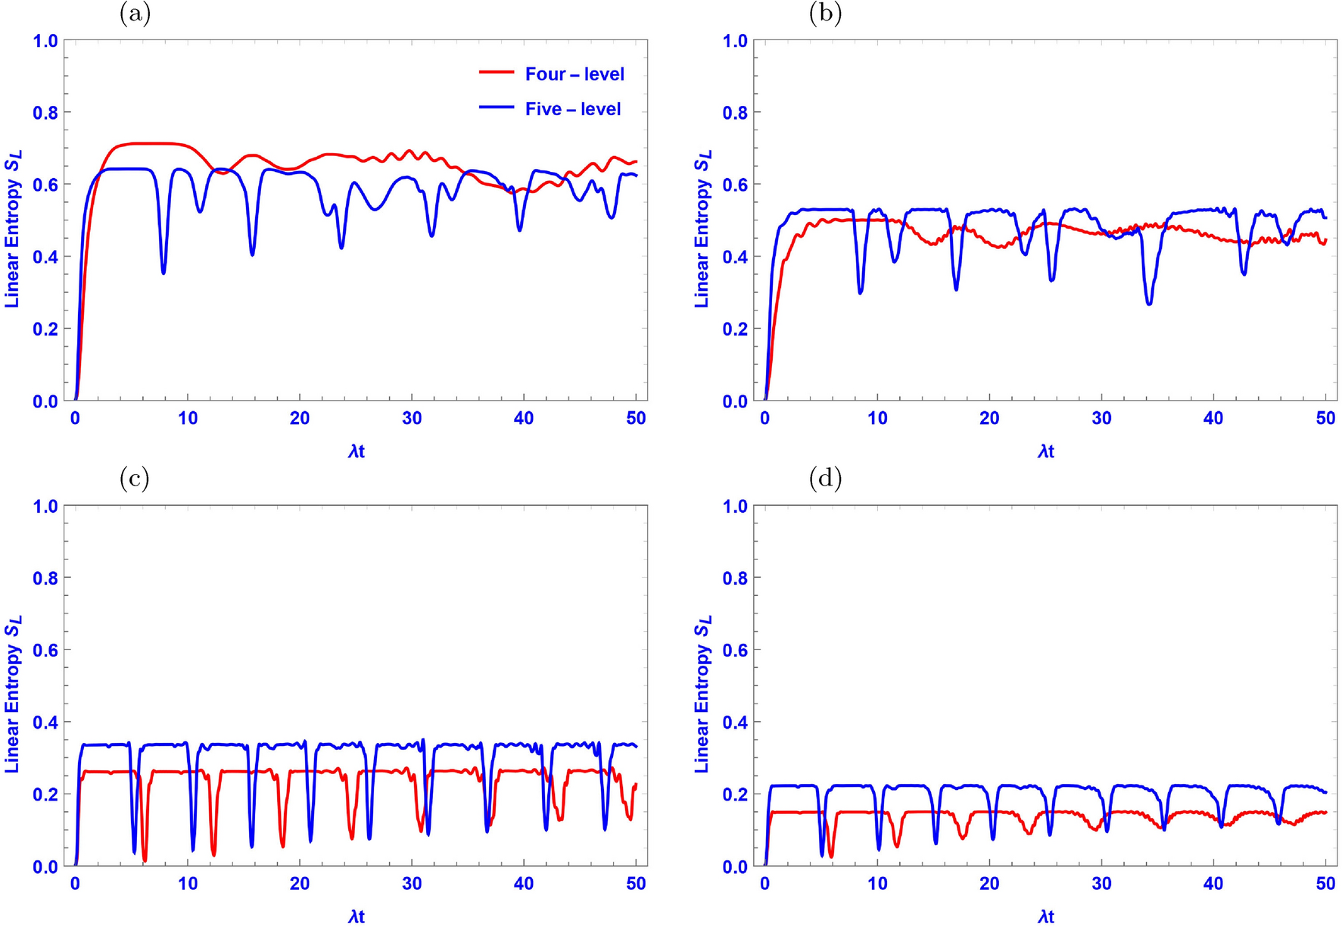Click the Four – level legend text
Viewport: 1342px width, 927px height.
[x=574, y=74]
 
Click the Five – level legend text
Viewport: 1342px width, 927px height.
[x=572, y=109]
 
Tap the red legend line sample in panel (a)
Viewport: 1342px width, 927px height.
[x=497, y=73]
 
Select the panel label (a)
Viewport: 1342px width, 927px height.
[x=135, y=14]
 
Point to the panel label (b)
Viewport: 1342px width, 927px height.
[x=825, y=14]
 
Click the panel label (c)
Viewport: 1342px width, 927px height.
[x=135, y=479]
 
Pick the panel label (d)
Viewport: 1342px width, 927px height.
[x=825, y=479]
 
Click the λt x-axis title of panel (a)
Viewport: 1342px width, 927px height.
[x=357, y=452]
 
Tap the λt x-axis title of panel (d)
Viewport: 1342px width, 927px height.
[x=1046, y=917]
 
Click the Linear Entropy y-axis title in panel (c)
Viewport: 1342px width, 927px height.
[x=12, y=693]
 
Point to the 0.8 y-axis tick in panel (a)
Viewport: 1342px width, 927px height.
[x=45, y=113]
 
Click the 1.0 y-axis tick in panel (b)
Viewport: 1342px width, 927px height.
[x=734, y=41]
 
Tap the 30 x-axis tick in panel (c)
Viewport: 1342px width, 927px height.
[x=412, y=884]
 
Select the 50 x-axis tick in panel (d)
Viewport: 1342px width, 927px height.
[x=1325, y=884]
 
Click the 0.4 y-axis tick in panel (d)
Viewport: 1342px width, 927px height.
[x=734, y=723]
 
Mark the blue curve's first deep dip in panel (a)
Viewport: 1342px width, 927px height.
[x=163, y=271]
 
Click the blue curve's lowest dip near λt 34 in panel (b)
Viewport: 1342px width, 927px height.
[x=1149, y=303]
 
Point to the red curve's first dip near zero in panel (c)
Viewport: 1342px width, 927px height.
[x=145, y=860]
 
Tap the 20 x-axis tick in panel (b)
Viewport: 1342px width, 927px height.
[x=989, y=419]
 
